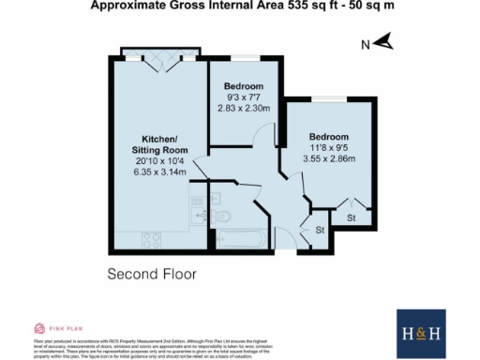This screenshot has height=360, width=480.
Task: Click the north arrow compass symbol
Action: (x=382, y=42)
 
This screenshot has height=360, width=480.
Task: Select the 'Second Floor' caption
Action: (x=151, y=275)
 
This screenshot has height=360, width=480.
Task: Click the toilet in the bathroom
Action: (x=225, y=217)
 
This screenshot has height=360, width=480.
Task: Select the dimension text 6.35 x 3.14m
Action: (x=159, y=172)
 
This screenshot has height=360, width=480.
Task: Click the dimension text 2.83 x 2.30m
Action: (x=243, y=108)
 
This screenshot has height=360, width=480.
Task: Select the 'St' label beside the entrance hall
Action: (x=319, y=230)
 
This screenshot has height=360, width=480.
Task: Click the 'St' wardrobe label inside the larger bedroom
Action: (x=351, y=218)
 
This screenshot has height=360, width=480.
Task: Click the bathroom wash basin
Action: (x=213, y=198)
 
